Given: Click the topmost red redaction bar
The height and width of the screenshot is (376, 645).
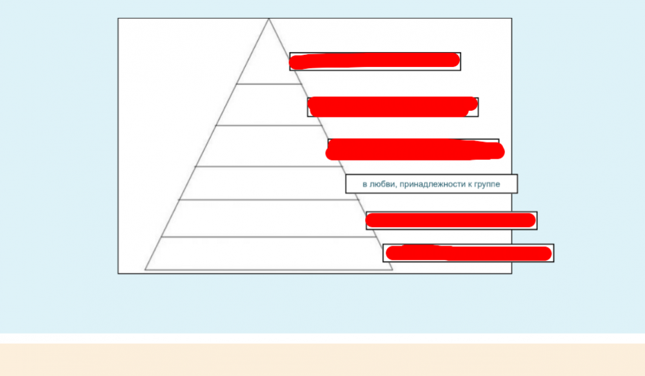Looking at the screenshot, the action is click(375, 61).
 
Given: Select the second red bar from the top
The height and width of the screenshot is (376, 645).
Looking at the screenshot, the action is click(392, 107).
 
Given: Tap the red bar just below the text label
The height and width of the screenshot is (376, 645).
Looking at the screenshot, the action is click(451, 221).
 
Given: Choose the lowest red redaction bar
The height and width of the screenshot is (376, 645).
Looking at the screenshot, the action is click(469, 253).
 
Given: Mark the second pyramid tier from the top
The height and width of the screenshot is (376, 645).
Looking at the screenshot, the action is click(269, 104).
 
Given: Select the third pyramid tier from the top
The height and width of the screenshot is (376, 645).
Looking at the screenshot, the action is click(269, 146).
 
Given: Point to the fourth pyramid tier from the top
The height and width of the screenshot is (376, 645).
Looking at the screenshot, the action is click(269, 183).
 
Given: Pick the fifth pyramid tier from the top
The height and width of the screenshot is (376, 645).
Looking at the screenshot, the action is click(269, 219).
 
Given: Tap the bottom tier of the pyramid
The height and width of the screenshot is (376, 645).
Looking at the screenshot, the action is click(269, 253).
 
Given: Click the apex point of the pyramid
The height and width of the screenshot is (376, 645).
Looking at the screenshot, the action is click(269, 19).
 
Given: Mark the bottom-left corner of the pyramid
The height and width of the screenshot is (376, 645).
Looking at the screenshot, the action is click(145, 270).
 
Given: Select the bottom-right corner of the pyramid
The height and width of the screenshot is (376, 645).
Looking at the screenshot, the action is click(392, 270).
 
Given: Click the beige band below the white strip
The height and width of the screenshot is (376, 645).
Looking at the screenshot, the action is click(322, 360).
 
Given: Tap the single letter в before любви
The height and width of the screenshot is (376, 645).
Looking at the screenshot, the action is click(364, 184).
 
